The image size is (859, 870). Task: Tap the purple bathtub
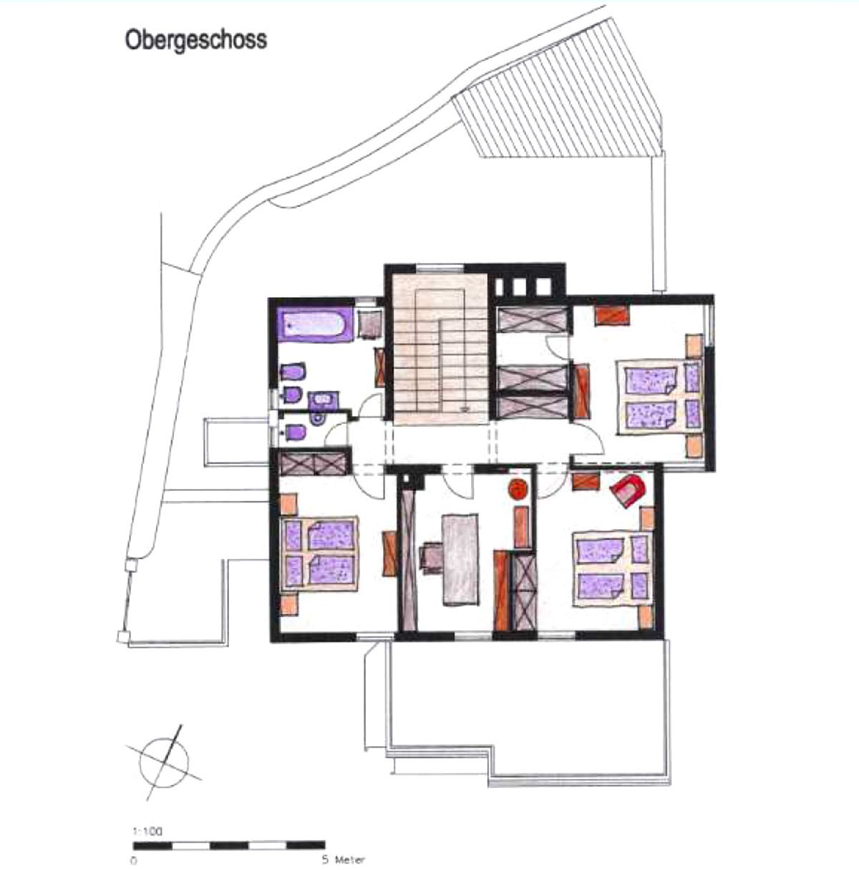click(316, 324)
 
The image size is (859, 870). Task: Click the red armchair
click(628, 490)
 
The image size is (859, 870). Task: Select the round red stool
click(518, 488)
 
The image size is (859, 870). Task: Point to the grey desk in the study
click(460, 559)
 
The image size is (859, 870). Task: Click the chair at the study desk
click(430, 557)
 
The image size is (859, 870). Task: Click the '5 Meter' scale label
click(343, 860)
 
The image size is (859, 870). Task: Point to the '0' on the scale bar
click(134, 861)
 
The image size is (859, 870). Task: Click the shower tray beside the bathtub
click(369, 324)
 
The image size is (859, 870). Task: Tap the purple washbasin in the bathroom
click(321, 400)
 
